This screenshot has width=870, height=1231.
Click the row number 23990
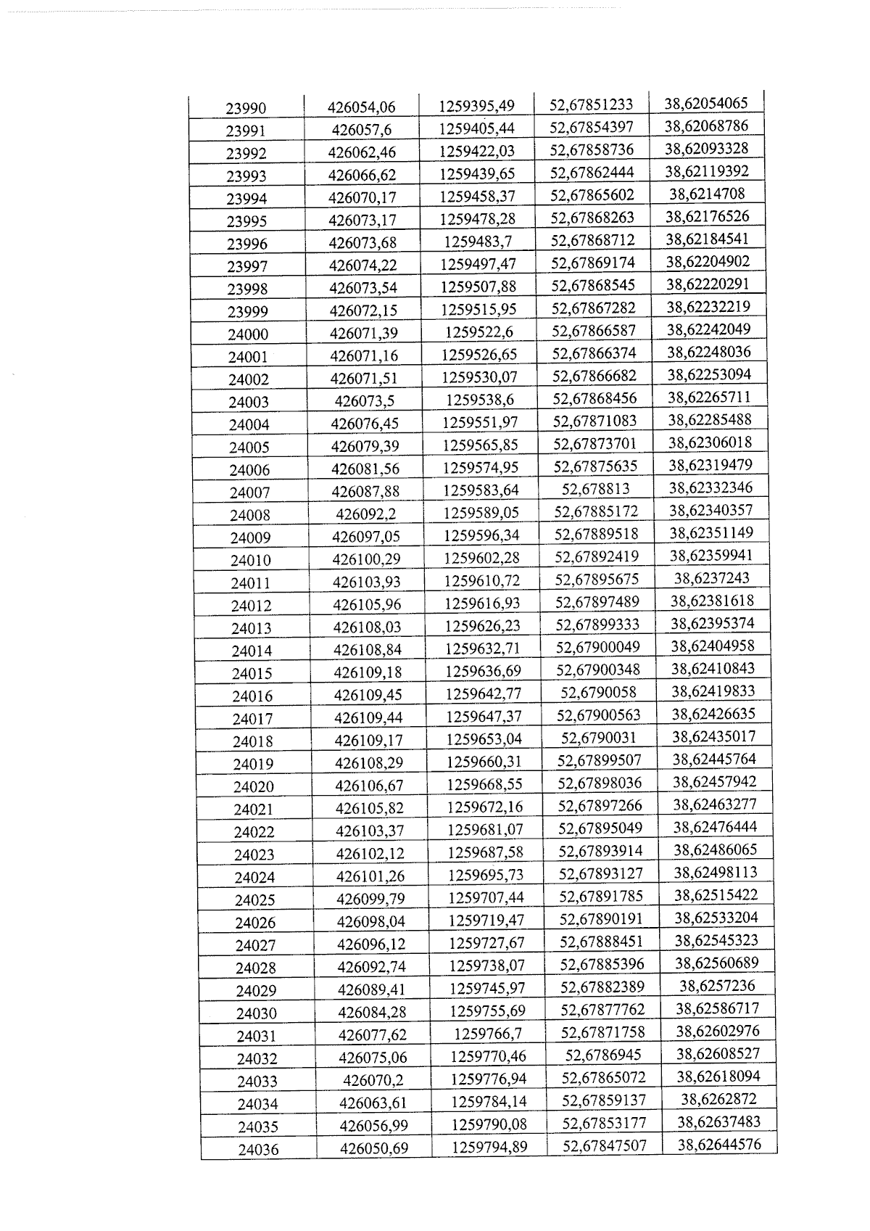[x=246, y=109]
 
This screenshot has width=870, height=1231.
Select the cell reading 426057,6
[x=361, y=130]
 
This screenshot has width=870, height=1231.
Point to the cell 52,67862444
[x=592, y=173]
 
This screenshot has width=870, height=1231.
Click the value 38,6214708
[x=707, y=194]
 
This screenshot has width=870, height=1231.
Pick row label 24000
[x=248, y=334]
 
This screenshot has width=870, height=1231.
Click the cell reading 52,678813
[x=596, y=489]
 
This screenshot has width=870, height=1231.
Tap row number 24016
[x=252, y=696]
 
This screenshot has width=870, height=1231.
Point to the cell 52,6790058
[x=598, y=692]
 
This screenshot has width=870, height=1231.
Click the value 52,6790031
[x=599, y=738]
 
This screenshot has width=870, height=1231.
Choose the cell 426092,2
[x=365, y=514]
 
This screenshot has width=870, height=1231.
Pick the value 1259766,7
[x=488, y=1033]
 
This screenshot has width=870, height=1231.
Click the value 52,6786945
[x=603, y=1055]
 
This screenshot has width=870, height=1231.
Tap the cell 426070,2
[x=373, y=1080]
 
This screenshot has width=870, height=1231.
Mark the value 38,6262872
[x=718, y=1099]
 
